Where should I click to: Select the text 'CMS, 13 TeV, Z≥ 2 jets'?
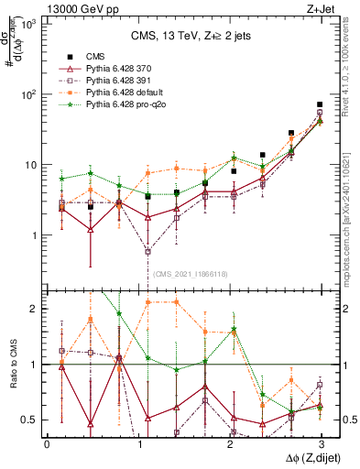[184, 36]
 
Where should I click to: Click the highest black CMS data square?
[320, 105]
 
